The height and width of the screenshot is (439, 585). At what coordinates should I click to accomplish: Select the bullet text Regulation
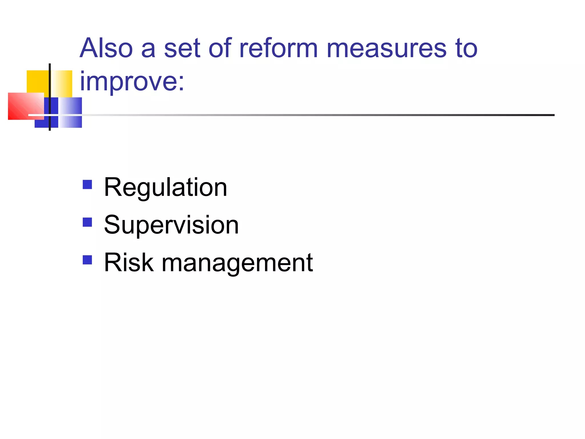165,187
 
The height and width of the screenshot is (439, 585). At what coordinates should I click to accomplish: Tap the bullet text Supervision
171,225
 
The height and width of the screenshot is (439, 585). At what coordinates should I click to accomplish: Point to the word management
237,263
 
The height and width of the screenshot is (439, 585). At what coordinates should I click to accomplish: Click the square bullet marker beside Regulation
87,185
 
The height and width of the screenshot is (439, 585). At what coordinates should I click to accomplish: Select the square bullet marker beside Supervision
87,222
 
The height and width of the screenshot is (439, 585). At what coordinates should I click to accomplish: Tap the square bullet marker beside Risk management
87,260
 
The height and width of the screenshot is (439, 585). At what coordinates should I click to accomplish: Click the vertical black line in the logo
50,86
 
